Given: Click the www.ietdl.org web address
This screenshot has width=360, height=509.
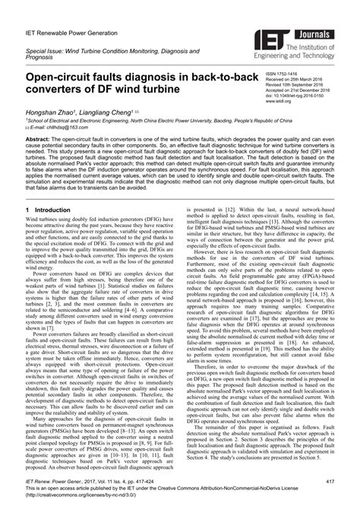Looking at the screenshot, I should point(277,100).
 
